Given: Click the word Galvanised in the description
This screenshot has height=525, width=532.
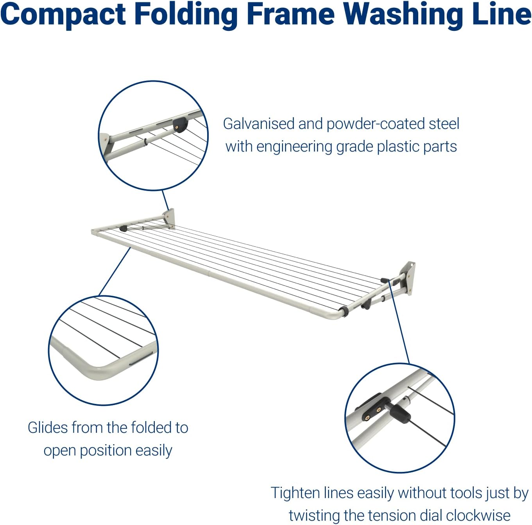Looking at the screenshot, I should coord(258,124).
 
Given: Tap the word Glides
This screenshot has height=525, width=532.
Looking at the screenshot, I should coord(48,428).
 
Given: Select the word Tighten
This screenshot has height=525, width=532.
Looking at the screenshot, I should coord(295,493).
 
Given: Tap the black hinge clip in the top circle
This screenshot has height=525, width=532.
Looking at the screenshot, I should coord(181,125).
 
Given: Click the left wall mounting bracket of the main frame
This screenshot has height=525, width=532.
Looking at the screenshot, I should coord(169,218).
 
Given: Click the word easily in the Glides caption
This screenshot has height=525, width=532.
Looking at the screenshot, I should coord(154,451).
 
